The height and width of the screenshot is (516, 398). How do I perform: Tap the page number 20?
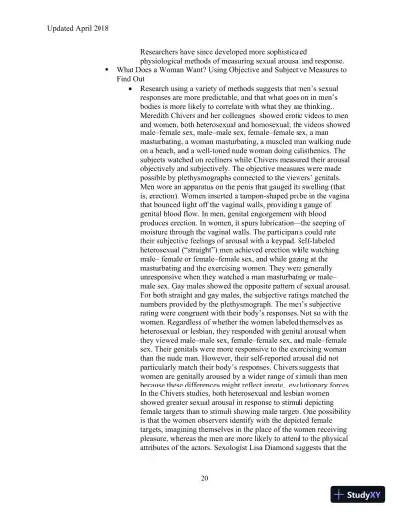point(203,478)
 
